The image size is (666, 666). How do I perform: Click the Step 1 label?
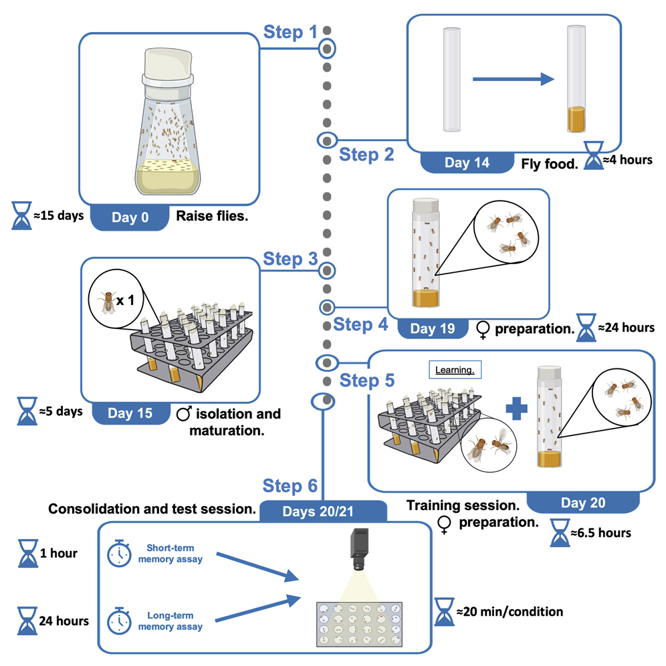[290, 31]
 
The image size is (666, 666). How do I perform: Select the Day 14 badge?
[466, 163]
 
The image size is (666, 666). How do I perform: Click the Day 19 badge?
[433, 328]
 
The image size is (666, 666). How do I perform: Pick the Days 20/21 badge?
[323, 512]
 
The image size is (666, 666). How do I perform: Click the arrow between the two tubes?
[513, 80]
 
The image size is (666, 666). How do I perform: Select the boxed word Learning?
[455, 369]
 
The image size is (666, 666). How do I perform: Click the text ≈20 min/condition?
[509, 611]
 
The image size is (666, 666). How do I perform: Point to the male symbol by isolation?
[183, 414]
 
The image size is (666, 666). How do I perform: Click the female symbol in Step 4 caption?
[481, 329]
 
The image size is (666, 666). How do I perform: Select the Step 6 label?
[290, 485]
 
